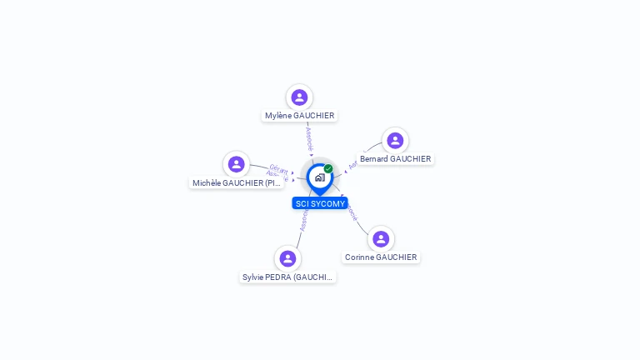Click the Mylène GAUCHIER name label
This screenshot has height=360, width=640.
tap(299, 116)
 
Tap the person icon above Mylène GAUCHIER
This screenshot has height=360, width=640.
tap(299, 97)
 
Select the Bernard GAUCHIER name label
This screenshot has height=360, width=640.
tap(395, 159)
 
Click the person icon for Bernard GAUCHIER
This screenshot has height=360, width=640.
tap(395, 140)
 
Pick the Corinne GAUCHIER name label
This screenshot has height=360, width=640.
tap(381, 257)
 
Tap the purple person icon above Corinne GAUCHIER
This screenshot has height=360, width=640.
tap(381, 239)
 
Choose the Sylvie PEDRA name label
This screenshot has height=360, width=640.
tap(287, 277)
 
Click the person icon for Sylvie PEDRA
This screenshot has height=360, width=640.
tap(287, 258)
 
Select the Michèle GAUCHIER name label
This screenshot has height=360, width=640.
tap(237, 183)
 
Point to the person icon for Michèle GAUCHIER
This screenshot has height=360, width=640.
tap(237, 164)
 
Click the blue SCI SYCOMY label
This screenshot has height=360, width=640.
tap(320, 203)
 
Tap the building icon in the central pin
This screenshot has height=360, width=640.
tap(319, 177)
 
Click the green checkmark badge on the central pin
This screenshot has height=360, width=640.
tap(328, 169)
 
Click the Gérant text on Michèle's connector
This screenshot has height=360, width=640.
tap(278, 169)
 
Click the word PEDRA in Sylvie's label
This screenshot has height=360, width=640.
tap(279, 277)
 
